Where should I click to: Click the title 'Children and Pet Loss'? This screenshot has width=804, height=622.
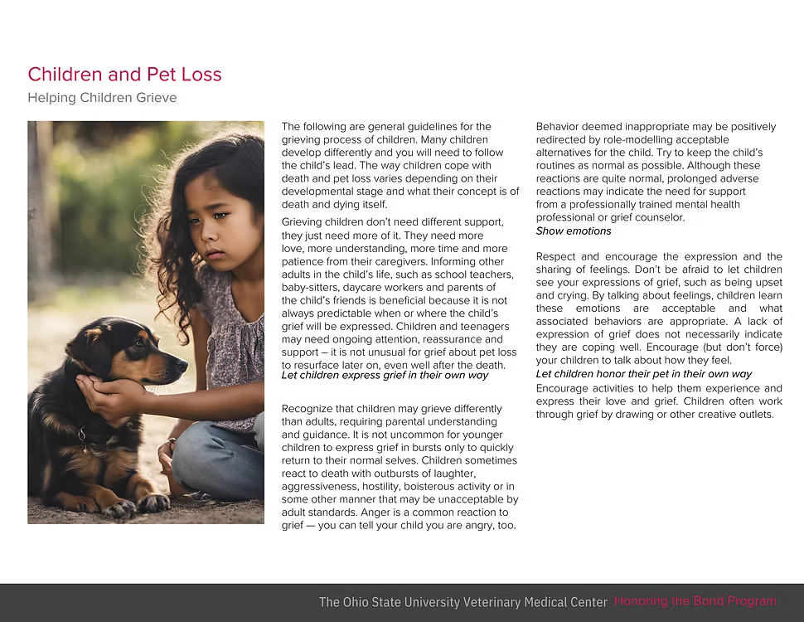(x=124, y=75)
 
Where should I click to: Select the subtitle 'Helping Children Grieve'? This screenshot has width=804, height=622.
(x=102, y=98)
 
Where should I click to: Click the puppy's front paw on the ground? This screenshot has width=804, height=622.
(x=153, y=503)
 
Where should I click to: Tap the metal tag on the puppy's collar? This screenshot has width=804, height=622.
(x=81, y=434)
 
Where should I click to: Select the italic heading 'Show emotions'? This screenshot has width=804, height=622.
(x=574, y=231)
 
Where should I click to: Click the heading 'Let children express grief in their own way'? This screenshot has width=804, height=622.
(x=385, y=376)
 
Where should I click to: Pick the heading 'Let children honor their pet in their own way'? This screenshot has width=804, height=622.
(x=644, y=374)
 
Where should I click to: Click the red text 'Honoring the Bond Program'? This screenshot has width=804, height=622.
(x=695, y=601)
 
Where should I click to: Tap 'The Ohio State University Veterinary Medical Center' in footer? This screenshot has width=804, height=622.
(x=463, y=602)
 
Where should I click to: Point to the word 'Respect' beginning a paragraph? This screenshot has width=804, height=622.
(x=557, y=257)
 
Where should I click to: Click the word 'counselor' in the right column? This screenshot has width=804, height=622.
(x=658, y=218)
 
